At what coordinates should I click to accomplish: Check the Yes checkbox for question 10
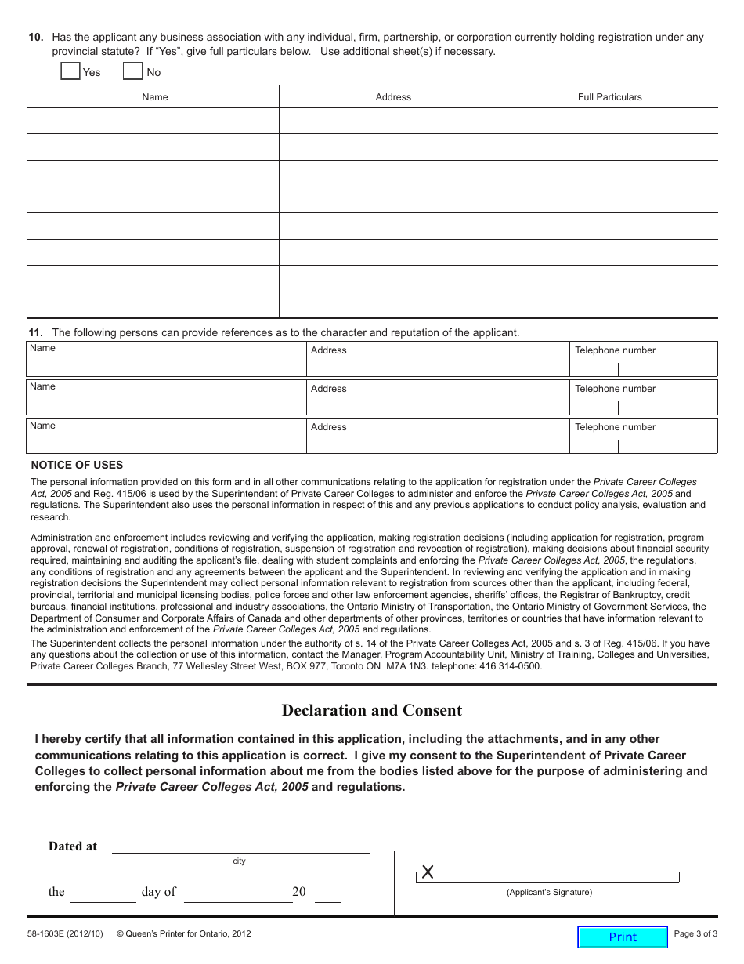pyautogui.click(x=70, y=71)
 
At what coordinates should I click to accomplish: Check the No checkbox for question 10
pyautogui.click(x=133, y=71)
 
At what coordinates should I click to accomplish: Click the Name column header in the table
pyautogui.click(x=154, y=97)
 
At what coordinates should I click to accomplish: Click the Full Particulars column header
pyautogui.click(x=609, y=97)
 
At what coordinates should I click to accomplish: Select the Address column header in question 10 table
pyautogui.click(x=392, y=97)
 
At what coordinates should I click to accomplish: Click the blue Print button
pyautogui.click(x=623, y=937)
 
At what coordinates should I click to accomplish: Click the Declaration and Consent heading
pyautogui.click(x=371, y=710)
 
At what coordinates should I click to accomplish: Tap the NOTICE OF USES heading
pyautogui.click(x=77, y=465)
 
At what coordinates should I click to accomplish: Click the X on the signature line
pyautogui.click(x=428, y=872)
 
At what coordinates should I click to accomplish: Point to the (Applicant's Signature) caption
pyautogui.click(x=549, y=892)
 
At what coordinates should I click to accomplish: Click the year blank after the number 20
pyautogui.click(x=328, y=895)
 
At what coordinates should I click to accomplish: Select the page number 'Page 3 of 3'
pyautogui.click(x=695, y=933)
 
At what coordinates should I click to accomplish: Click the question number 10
pyautogui.click(x=36, y=38)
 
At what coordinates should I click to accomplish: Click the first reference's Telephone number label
pyautogui.click(x=615, y=350)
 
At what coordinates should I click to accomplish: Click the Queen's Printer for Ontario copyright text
pyautogui.click(x=184, y=933)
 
